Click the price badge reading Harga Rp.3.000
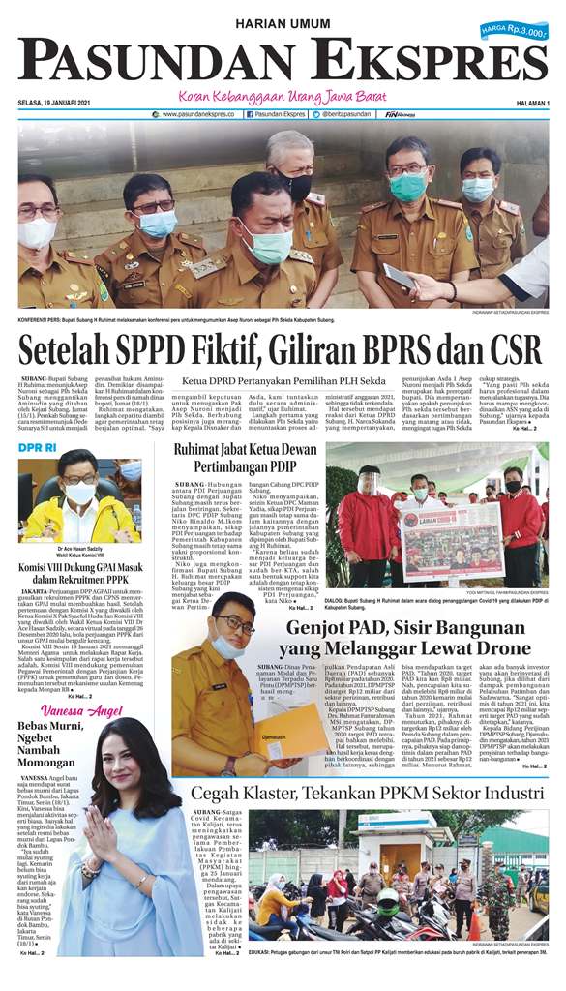[x=514, y=32]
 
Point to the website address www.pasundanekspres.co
[x=197, y=114]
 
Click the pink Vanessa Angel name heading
[x=76, y=712]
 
